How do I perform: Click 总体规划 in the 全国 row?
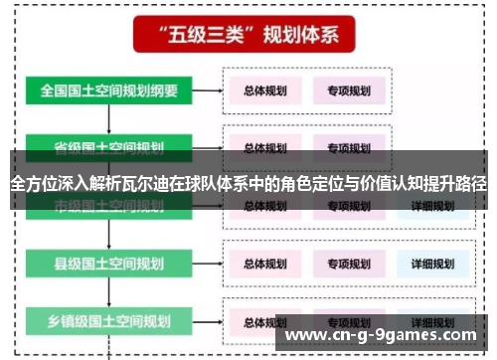pyautogui.click(x=265, y=90)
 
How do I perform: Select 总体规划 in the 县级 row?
pyautogui.click(x=265, y=264)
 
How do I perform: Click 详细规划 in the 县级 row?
pyautogui.click(x=431, y=264)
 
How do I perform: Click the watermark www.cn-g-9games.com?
pyautogui.click(x=387, y=334)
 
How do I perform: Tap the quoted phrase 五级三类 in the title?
pyautogui.click(x=203, y=36)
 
